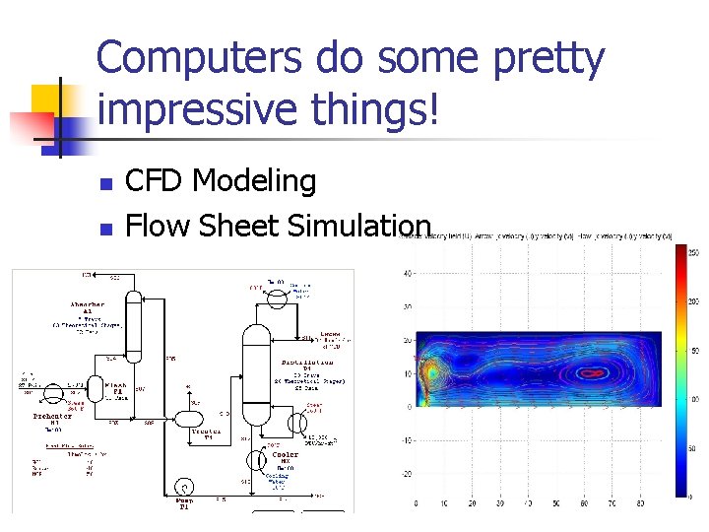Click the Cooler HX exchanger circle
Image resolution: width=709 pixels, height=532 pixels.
253,458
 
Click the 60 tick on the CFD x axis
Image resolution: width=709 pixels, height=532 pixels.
597,503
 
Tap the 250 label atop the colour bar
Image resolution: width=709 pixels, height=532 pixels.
693,252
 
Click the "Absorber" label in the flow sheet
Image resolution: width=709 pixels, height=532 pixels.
87,305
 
